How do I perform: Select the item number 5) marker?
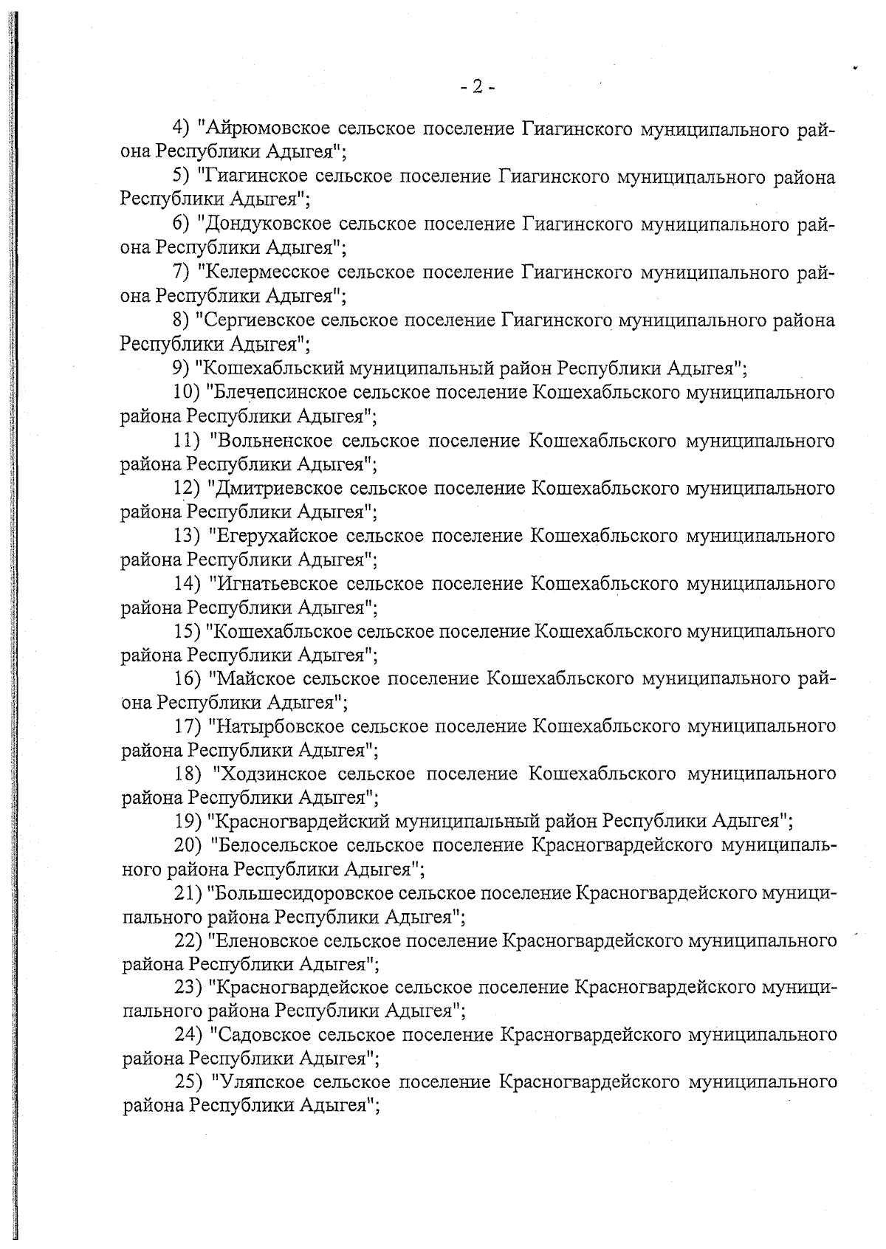182,177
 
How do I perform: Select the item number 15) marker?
188,631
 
